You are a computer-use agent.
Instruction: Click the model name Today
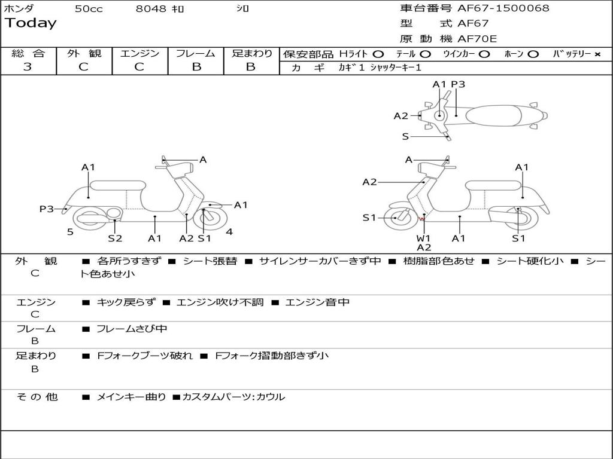tap(31, 23)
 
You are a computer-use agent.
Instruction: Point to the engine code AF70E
tap(477, 39)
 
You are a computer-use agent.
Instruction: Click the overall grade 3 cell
tap(28, 66)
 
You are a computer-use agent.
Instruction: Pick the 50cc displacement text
tap(89, 9)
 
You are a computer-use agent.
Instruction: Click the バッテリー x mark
tap(597, 54)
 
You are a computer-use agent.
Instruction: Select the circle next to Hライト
tap(378, 54)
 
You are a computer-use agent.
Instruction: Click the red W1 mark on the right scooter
tap(422, 220)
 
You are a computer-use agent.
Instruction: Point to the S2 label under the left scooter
tap(115, 238)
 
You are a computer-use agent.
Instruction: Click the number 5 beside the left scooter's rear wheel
tap(70, 232)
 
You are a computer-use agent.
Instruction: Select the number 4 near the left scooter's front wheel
tap(229, 232)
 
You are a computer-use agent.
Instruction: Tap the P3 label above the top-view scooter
tap(458, 84)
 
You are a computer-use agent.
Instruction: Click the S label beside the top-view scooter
tap(405, 136)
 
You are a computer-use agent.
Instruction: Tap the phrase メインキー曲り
tap(131, 397)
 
